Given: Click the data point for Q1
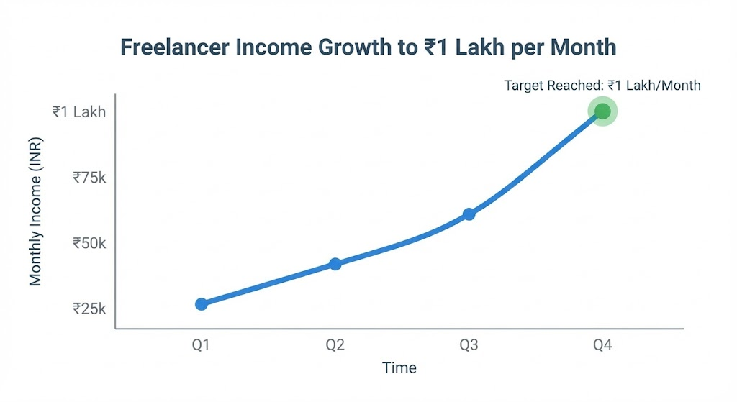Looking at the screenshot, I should (202, 304).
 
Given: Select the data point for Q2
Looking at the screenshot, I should (335, 264).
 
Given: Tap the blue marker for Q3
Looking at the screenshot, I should (469, 214).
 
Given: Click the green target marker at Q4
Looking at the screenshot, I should (602, 111).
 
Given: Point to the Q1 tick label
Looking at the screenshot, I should (201, 345).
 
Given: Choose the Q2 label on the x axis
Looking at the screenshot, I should (335, 345).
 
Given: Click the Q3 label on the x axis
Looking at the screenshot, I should (469, 345).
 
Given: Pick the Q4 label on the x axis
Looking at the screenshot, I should (602, 345).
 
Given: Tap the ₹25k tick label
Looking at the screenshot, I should (89, 309).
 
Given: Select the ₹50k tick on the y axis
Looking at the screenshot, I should (89, 243).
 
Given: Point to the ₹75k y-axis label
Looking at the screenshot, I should (89, 177).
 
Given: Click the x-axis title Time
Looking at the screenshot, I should (399, 367).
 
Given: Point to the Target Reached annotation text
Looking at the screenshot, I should (602, 86).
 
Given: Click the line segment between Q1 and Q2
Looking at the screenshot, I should (268, 285).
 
